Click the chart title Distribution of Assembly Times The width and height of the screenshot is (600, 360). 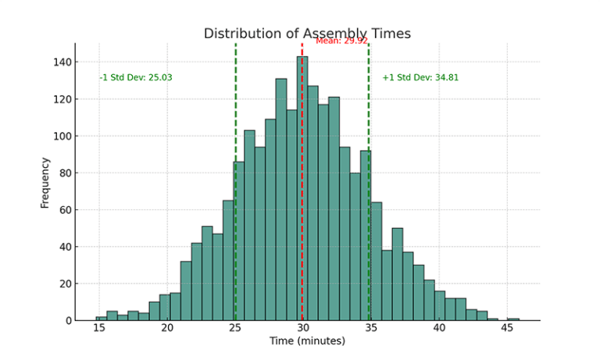tap(307, 34)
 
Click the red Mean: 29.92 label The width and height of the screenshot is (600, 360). tap(341, 41)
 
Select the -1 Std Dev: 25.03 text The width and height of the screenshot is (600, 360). tap(136, 78)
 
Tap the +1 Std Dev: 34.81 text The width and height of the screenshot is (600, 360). tap(420, 78)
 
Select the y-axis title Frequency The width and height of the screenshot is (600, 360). tap(45, 183)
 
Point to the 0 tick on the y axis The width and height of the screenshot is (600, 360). tap(68, 321)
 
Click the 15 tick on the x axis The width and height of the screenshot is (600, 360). tap(99, 329)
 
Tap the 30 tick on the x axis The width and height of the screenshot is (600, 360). tap(303, 329)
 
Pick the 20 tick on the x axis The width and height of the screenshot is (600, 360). tap(167, 329)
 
